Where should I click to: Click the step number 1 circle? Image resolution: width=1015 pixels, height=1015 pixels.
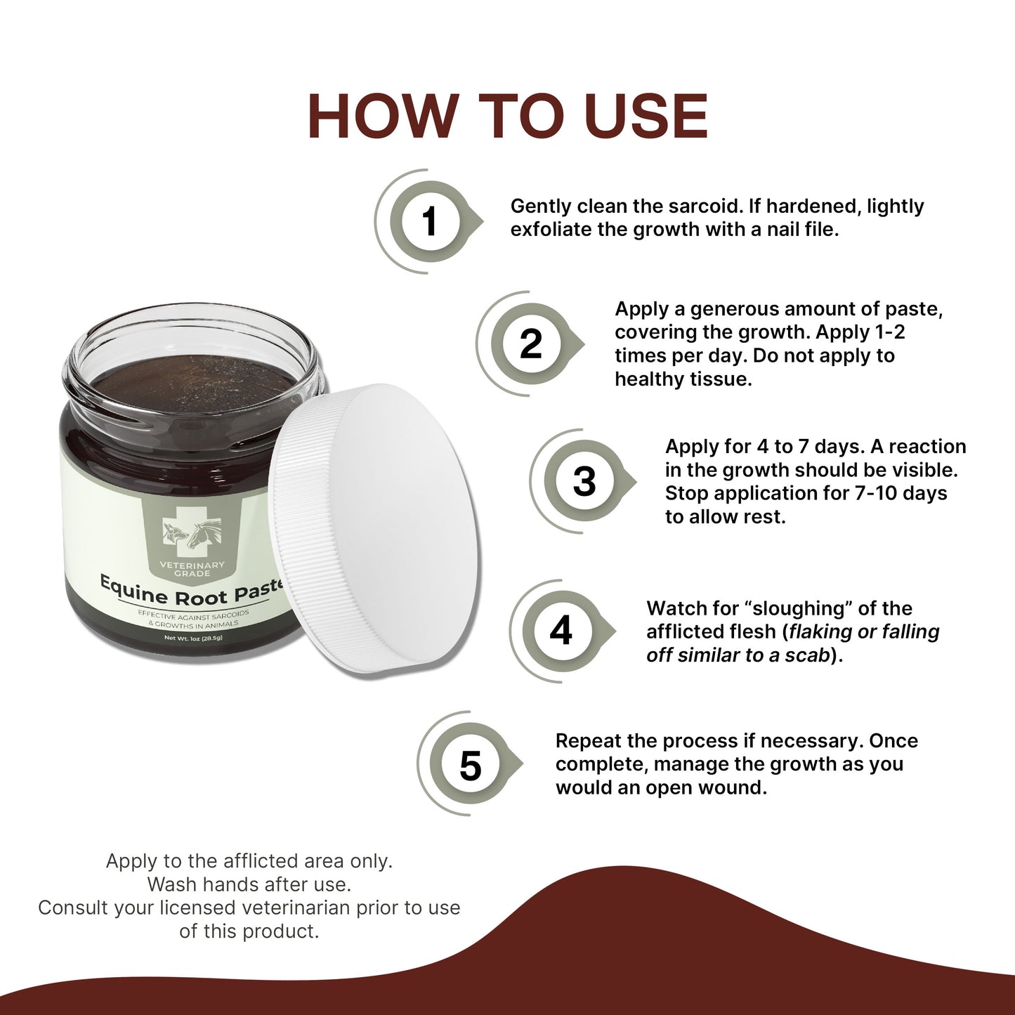[429, 222]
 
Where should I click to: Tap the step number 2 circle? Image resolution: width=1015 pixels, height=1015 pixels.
[531, 343]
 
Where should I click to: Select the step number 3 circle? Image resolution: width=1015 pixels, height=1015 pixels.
[584, 482]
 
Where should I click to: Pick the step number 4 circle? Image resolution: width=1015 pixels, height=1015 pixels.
[561, 630]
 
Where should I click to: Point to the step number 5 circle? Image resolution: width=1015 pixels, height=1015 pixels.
[470, 764]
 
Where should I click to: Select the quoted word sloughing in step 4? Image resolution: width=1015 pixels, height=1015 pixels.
[798, 608]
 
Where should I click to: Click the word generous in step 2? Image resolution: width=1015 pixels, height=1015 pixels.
[734, 309]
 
